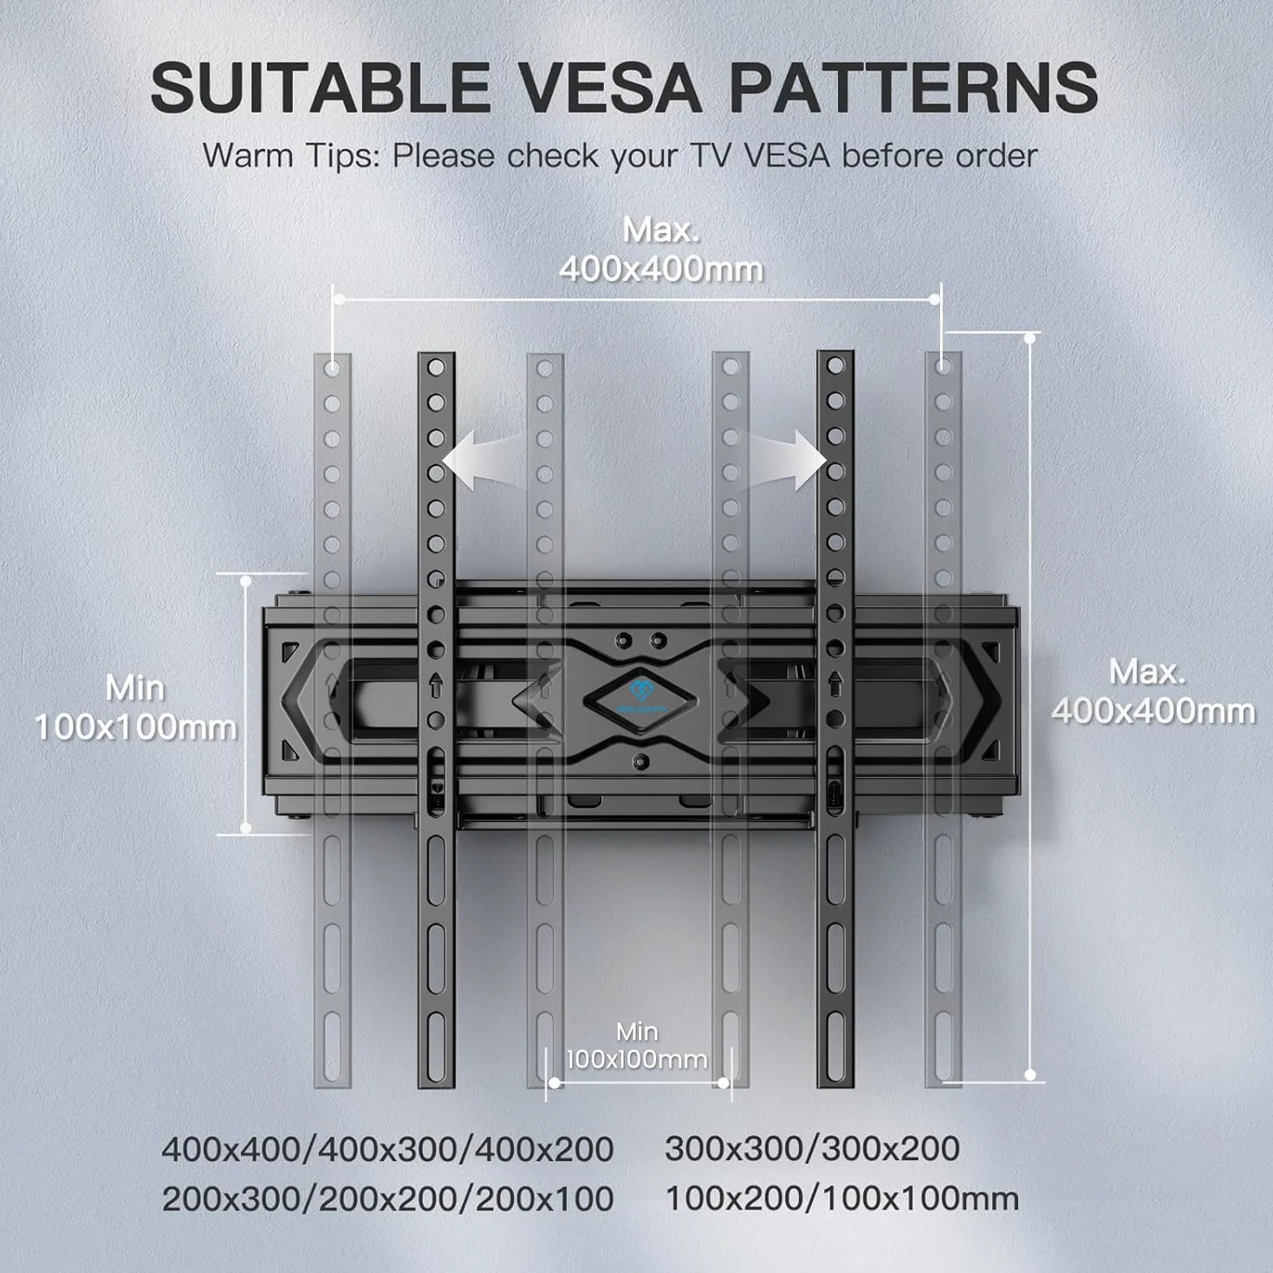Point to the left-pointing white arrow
[x=484, y=460]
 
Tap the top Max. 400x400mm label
[x=661, y=249]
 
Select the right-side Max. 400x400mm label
[x=1153, y=691]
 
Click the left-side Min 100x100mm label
[x=135, y=707]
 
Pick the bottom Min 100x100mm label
[x=636, y=1046]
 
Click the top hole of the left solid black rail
[x=436, y=368]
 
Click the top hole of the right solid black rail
[x=835, y=366]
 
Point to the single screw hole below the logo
[x=641, y=762]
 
